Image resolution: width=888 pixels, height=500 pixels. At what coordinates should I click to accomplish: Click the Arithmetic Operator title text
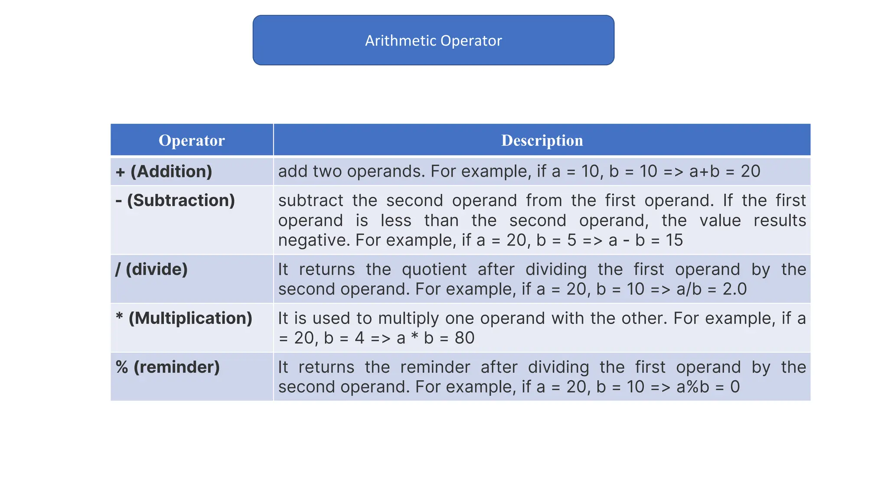pos(433,41)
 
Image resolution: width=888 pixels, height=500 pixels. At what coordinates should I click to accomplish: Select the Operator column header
pos(192,141)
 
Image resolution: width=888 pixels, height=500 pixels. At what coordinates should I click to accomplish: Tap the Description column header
pos(542,141)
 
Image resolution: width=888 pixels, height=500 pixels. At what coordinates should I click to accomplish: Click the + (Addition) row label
pos(164,171)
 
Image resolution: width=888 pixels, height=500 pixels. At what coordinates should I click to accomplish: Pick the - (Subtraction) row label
pos(175,201)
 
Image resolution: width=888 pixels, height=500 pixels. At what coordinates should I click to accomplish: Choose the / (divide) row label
pos(151,270)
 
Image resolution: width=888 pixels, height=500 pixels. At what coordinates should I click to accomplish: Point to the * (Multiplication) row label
pos(184,318)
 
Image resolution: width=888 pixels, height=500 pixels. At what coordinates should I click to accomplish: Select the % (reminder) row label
pos(167,367)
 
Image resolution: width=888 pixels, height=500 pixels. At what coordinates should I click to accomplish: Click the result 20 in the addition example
pos(750,171)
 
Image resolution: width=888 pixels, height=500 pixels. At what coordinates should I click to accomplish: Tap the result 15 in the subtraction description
pos(674,240)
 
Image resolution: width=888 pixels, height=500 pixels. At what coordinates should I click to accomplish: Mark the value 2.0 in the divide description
pos(735,289)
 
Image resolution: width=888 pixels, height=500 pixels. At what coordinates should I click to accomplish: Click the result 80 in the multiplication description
pos(464,338)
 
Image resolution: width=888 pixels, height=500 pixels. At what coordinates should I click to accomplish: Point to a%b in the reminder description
pos(693,387)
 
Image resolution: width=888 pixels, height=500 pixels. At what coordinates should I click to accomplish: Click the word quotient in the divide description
pos(434,270)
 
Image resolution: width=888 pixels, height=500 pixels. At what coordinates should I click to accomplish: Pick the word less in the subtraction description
pos(396,220)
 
